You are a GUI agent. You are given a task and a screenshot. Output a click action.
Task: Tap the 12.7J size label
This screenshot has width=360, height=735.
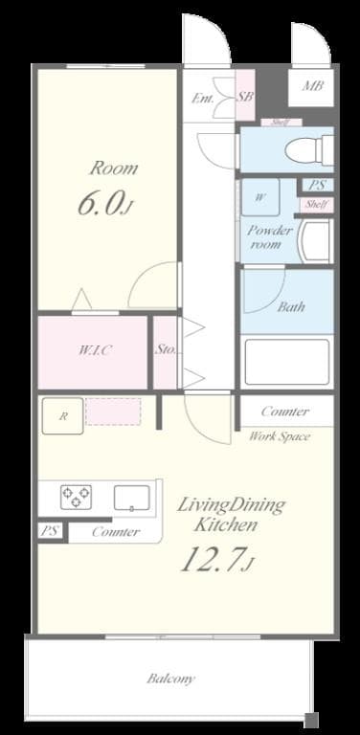[x=215, y=557]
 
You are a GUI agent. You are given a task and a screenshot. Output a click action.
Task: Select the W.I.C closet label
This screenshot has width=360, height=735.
[x=95, y=350]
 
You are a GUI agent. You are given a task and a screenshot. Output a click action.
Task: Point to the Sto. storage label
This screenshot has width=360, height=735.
[x=165, y=349]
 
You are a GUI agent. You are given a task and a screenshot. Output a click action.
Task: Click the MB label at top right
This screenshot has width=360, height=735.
[x=312, y=87]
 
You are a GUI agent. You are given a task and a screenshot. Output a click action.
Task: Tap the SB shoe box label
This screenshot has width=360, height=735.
[x=244, y=97]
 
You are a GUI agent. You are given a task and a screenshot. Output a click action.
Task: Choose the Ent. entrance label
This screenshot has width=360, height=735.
[x=203, y=98]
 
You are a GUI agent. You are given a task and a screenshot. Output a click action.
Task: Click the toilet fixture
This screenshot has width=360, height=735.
[x=311, y=148]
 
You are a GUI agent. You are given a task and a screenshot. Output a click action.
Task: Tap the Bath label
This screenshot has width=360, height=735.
[x=291, y=308]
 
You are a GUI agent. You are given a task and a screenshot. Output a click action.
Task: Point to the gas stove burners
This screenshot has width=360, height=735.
[x=76, y=497]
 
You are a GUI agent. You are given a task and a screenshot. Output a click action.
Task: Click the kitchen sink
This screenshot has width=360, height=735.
[x=131, y=497]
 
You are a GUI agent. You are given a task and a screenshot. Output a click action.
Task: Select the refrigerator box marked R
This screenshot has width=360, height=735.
[x=63, y=415]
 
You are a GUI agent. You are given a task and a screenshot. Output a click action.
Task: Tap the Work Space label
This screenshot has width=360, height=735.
[x=280, y=436]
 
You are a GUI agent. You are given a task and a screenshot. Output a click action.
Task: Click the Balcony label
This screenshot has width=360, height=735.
[x=171, y=679]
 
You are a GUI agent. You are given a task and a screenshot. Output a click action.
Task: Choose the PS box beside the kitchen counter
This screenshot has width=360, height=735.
[x=48, y=531]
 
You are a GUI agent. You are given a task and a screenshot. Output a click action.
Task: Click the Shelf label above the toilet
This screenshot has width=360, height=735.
[x=281, y=122]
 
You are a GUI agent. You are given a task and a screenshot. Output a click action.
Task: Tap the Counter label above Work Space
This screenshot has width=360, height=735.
[x=284, y=412]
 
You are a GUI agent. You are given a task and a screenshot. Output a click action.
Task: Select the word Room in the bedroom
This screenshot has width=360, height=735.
[x=113, y=168]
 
